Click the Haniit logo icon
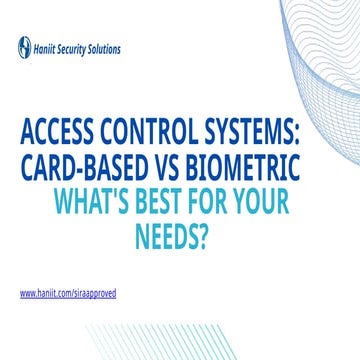point(24,47)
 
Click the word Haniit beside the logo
point(48,47)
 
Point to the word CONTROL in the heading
point(151,133)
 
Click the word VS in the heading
point(173,167)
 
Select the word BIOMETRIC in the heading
point(250,167)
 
